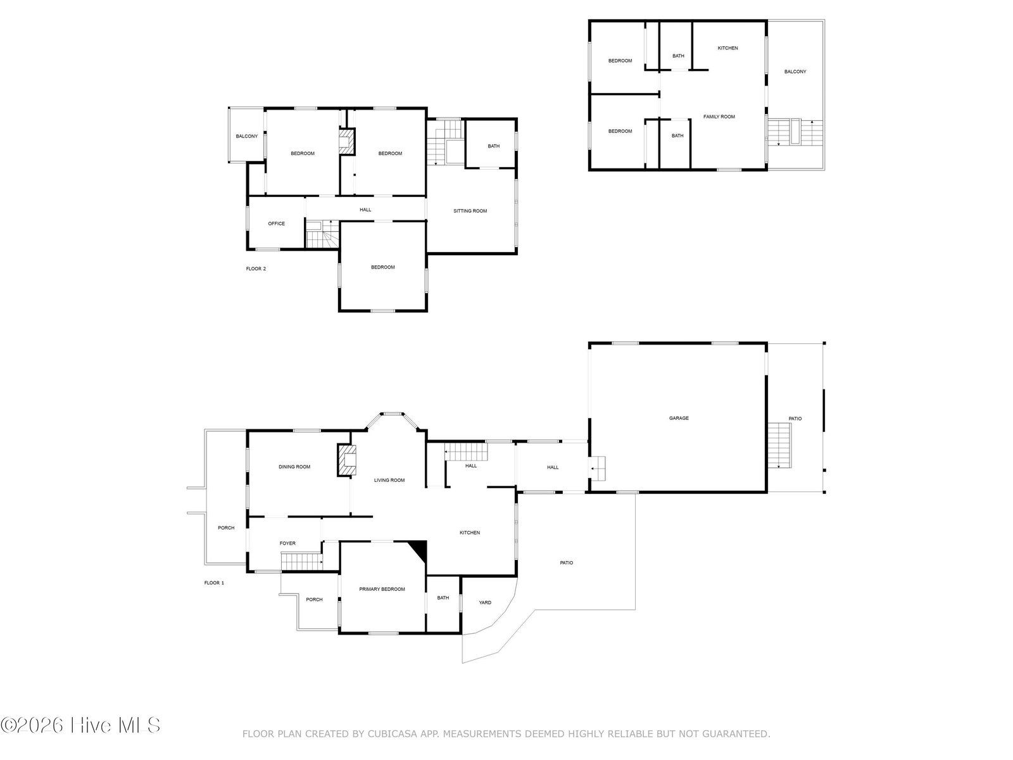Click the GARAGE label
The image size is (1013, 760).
tap(679, 418)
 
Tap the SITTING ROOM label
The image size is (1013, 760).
tap(470, 211)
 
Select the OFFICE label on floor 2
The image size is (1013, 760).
tap(277, 224)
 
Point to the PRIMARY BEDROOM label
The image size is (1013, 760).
tap(382, 589)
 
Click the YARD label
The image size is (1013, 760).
tap(484, 602)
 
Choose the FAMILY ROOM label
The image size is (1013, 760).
tap(719, 117)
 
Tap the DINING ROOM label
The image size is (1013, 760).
tap(294, 467)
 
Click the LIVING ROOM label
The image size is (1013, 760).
tap(389, 480)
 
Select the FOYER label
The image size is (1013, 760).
tap(287, 543)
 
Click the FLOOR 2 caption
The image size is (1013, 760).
tap(256, 269)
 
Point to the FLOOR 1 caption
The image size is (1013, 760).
tap(214, 583)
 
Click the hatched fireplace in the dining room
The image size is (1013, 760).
tap(346, 460)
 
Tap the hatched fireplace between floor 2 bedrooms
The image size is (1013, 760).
tap(346, 141)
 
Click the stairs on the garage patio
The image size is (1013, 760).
tap(779, 445)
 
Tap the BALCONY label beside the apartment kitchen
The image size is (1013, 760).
tap(795, 72)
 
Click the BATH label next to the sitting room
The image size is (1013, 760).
tap(493, 146)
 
